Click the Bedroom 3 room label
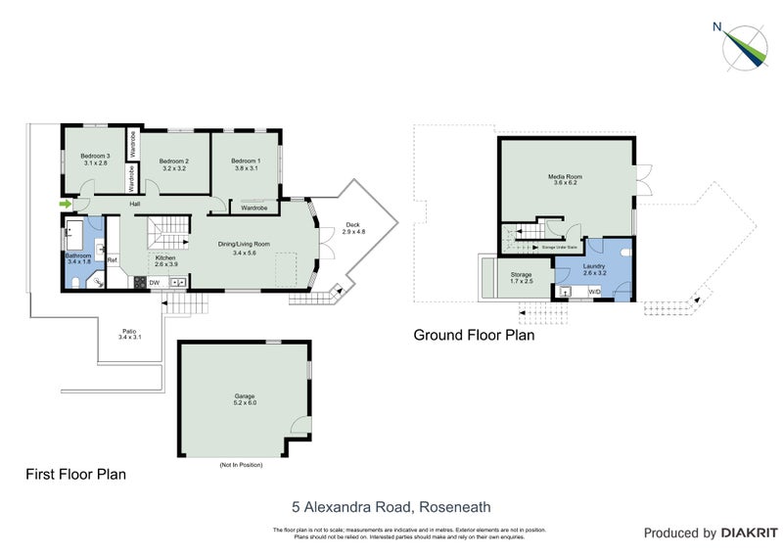click(x=95, y=160)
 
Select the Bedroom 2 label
click(x=173, y=164)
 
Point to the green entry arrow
click(x=65, y=204)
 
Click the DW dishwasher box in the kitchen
click(x=154, y=283)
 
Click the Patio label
click(x=129, y=333)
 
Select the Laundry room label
click(x=594, y=267)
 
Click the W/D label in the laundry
click(x=595, y=291)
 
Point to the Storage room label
click(x=521, y=277)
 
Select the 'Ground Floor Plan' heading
click(x=474, y=336)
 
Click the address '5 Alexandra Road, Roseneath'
click(x=391, y=507)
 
